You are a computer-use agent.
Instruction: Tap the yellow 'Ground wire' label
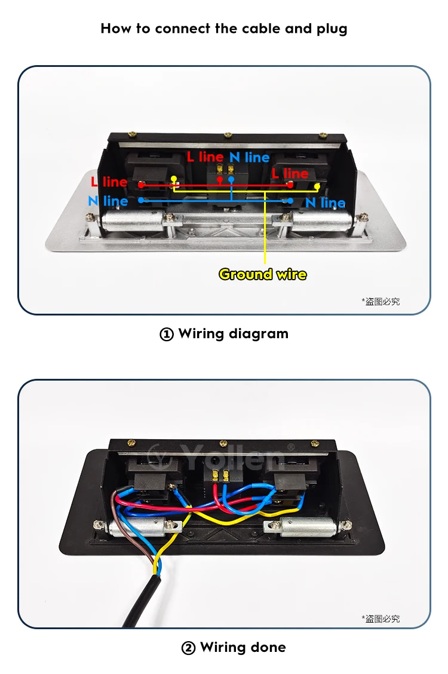[x=263, y=274]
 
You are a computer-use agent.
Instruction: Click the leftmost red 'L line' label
[x=109, y=182]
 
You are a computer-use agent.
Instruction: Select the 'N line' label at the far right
[x=325, y=203]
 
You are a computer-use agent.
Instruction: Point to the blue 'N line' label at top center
[x=250, y=157]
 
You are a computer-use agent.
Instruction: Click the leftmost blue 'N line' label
[x=108, y=201]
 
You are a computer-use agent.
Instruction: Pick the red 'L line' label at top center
[x=205, y=157]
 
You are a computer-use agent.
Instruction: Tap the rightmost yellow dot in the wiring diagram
[x=317, y=186]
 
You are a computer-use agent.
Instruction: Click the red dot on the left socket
[x=141, y=185]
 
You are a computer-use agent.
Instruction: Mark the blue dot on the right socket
[x=290, y=201]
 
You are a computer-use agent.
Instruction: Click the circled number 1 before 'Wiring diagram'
[x=167, y=335]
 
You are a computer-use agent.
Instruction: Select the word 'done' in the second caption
[x=268, y=648]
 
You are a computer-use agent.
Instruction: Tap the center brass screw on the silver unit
[x=227, y=136]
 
